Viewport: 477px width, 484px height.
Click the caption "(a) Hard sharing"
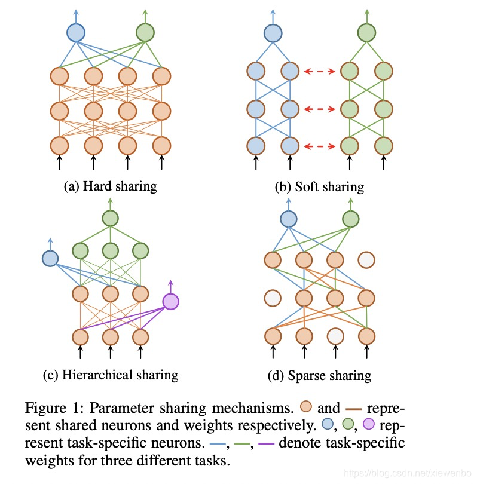tap(110, 186)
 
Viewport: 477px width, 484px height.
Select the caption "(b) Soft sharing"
tap(319, 186)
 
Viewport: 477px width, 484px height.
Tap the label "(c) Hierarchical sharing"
tap(111, 375)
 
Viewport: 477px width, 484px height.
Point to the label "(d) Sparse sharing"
tap(320, 375)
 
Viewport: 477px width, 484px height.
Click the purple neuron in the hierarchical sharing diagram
tap(170, 302)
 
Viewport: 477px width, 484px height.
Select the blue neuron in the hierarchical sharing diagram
tap(50, 258)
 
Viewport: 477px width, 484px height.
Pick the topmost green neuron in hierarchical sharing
tap(109, 218)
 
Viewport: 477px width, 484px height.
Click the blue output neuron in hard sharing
tap(76, 32)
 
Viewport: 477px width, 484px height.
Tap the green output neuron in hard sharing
tap(145, 32)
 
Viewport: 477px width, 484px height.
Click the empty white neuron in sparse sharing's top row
tap(366, 260)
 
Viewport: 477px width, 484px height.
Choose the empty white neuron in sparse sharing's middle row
tap(273, 297)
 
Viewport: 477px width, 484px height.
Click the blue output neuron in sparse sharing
tap(289, 220)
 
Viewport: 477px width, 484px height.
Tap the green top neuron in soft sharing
tap(366, 32)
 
